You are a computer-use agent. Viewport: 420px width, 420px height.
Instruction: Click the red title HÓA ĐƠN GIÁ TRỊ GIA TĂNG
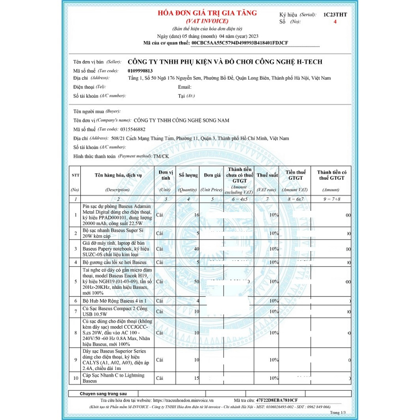207,13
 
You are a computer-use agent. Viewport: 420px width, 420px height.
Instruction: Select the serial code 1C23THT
335,15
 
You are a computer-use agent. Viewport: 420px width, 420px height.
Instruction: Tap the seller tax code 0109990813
140,71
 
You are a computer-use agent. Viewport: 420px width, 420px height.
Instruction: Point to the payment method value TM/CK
161,156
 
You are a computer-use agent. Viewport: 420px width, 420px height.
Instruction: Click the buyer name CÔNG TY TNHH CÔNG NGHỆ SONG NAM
181,121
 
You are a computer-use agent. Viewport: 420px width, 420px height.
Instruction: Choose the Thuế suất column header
267,175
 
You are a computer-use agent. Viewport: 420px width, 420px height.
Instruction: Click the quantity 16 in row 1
196,215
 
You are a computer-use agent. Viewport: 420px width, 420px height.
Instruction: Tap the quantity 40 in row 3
196,249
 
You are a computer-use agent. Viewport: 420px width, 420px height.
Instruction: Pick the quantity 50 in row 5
196,282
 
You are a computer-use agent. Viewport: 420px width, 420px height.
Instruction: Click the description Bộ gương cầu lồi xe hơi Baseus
114,262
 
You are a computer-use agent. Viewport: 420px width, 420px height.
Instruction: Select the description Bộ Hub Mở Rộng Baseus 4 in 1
114,301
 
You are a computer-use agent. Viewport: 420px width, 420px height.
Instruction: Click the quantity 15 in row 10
196,378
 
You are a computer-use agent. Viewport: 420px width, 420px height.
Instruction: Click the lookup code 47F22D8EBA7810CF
277,400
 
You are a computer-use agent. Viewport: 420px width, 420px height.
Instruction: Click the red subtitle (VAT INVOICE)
207,21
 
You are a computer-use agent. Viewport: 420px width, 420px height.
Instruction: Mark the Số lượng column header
188,175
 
